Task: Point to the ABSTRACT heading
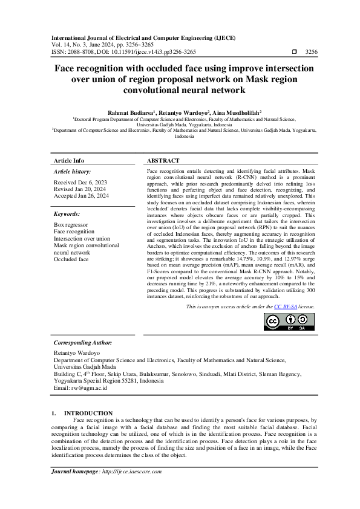(x=163, y=161)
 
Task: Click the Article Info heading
(x=69, y=161)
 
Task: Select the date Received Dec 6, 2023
(x=80, y=182)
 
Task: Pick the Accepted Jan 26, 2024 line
(x=82, y=196)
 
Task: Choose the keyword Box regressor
(x=71, y=224)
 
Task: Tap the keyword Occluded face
(x=71, y=259)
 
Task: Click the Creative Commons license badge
(x=289, y=323)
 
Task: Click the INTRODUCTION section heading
(x=92, y=413)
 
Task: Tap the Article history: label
(x=72, y=172)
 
